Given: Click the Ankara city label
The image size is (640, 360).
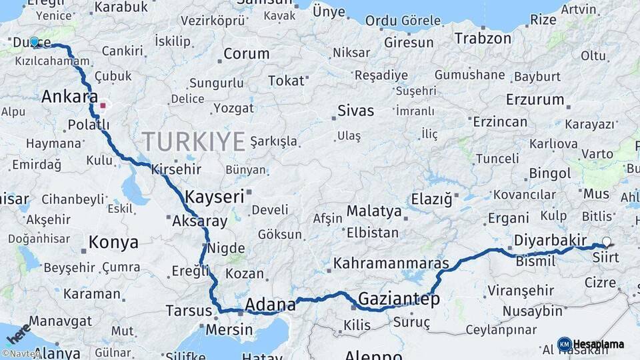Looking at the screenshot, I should pyautogui.click(x=69, y=97).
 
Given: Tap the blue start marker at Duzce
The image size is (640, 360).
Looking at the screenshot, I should pyautogui.click(x=35, y=41).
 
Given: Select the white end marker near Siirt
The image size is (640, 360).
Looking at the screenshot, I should pyautogui.click(x=607, y=242).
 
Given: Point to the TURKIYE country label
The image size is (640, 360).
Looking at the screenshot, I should pyautogui.click(x=193, y=141).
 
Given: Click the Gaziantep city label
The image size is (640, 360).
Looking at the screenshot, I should pyautogui.click(x=399, y=299).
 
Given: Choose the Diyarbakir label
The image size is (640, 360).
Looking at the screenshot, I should pyautogui.click(x=550, y=241).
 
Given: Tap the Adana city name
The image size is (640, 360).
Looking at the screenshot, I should pyautogui.click(x=270, y=305).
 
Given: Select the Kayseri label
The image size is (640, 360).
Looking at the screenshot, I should pyautogui.click(x=215, y=197).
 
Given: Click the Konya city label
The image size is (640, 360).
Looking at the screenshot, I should pyautogui.click(x=113, y=242).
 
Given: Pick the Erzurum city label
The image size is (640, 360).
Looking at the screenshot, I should pyautogui.click(x=535, y=100).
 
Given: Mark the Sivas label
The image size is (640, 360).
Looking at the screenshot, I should pyautogui.click(x=355, y=111).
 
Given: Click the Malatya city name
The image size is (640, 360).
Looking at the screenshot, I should pyautogui.click(x=374, y=213).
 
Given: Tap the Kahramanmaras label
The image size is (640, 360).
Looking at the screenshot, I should pyautogui.click(x=391, y=263).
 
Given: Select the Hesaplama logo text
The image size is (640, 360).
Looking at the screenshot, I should pyautogui.click(x=599, y=344).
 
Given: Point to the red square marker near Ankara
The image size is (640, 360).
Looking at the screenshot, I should pyautogui.click(x=103, y=105).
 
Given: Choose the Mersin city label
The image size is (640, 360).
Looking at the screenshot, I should pyautogui.click(x=229, y=329).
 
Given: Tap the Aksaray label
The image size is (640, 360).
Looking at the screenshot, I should pyautogui.click(x=199, y=221).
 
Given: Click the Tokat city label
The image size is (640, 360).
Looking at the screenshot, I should pyautogui.click(x=286, y=81).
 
